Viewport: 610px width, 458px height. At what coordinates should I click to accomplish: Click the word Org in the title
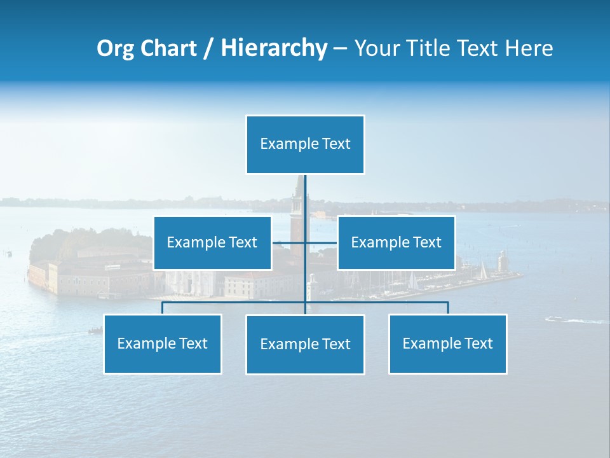pos(116,48)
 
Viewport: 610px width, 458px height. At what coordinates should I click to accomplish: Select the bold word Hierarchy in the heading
pos(274,48)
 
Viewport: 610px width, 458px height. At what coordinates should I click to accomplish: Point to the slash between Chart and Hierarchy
pos(208,48)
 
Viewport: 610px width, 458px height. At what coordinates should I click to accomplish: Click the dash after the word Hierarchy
pos(340,48)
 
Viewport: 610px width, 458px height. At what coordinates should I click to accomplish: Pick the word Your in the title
pos(376,48)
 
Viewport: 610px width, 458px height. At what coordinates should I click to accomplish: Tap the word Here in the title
pos(529,48)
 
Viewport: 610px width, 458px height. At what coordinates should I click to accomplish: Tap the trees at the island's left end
pos(51,245)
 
